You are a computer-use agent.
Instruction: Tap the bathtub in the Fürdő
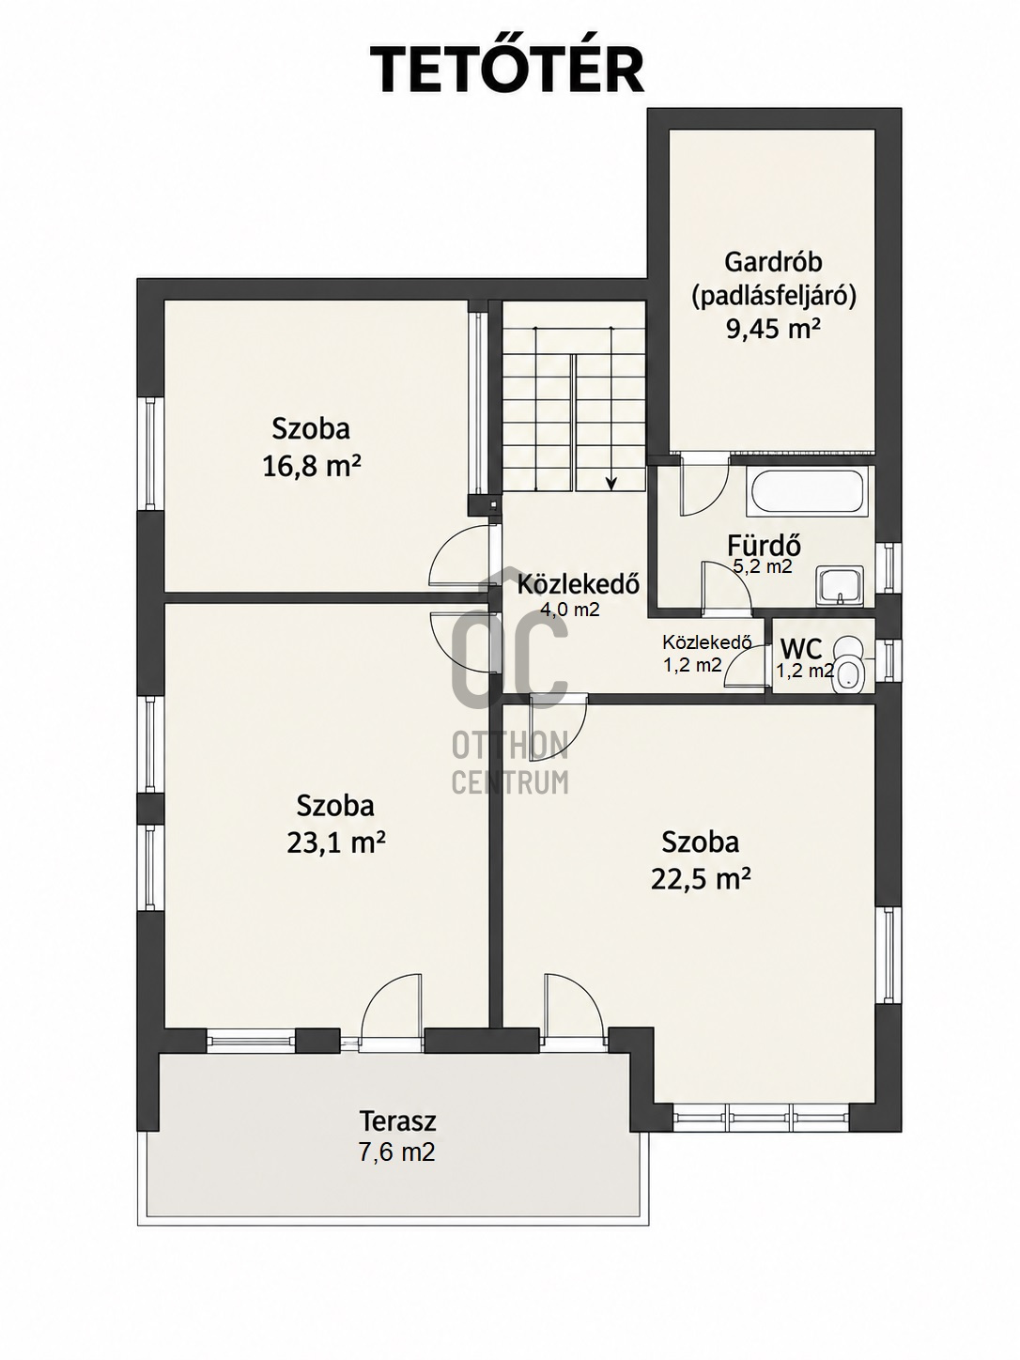tap(808, 491)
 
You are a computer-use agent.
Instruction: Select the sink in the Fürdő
tap(840, 584)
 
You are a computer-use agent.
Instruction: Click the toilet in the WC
tap(848, 665)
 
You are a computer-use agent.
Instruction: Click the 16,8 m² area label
tap(312, 466)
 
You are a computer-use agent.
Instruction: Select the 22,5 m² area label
tap(701, 878)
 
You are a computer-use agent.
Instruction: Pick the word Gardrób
tap(773, 262)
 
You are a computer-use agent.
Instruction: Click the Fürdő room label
tap(765, 546)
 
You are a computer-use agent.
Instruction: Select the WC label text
tap(801, 649)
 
